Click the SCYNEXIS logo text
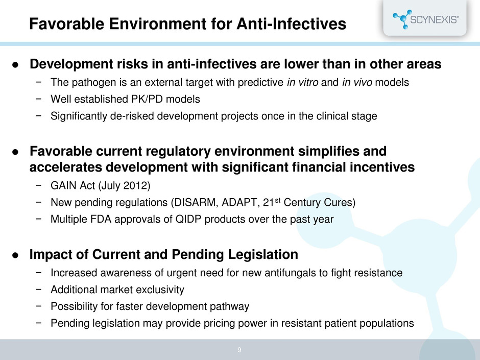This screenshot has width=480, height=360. click(x=434, y=19)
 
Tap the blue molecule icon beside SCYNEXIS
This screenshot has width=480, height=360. click(x=402, y=19)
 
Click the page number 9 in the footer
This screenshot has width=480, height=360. click(x=239, y=350)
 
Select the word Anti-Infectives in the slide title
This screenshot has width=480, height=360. click(x=291, y=24)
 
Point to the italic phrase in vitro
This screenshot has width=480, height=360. click(x=302, y=82)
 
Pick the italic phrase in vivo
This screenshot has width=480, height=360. click(x=357, y=82)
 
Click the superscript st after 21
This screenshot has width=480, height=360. click(x=278, y=200)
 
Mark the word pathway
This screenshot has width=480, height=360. click(x=229, y=306)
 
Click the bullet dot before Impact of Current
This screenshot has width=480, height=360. click(x=15, y=255)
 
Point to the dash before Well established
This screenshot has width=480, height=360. click(x=38, y=99)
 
